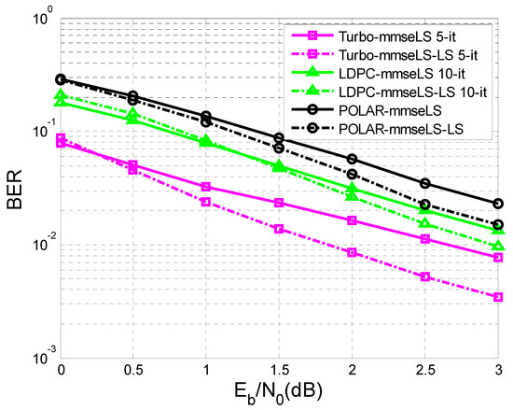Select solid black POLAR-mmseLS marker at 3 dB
pyautogui.click(x=498, y=204)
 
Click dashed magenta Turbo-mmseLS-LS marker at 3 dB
pyautogui.click(x=498, y=297)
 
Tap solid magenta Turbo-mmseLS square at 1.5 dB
pyautogui.click(x=279, y=203)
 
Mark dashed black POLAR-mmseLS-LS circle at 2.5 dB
pyautogui.click(x=425, y=205)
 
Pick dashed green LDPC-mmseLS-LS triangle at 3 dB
pyautogui.click(x=498, y=246)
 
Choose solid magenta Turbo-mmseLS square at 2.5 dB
pyautogui.click(x=425, y=239)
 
